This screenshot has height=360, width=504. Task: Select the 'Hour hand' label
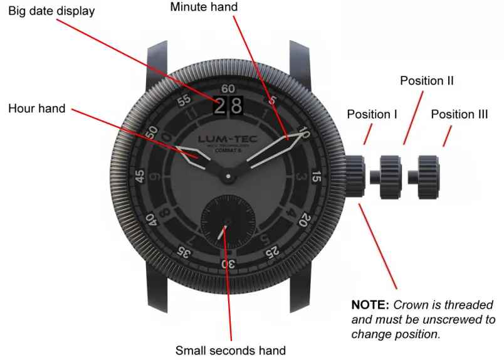[x=36, y=109]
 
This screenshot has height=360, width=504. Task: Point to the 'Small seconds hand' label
[x=230, y=351]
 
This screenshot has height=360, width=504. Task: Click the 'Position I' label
[x=372, y=114]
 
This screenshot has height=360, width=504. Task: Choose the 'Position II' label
[x=426, y=81]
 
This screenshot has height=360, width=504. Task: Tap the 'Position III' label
[x=459, y=114]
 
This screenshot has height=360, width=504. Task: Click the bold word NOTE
[x=370, y=305]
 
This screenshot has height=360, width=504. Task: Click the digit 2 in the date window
[x=219, y=107]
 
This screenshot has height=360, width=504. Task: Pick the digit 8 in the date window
[x=236, y=107]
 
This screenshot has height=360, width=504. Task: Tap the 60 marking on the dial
[x=228, y=89]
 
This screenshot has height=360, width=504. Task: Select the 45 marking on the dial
[x=140, y=176]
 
